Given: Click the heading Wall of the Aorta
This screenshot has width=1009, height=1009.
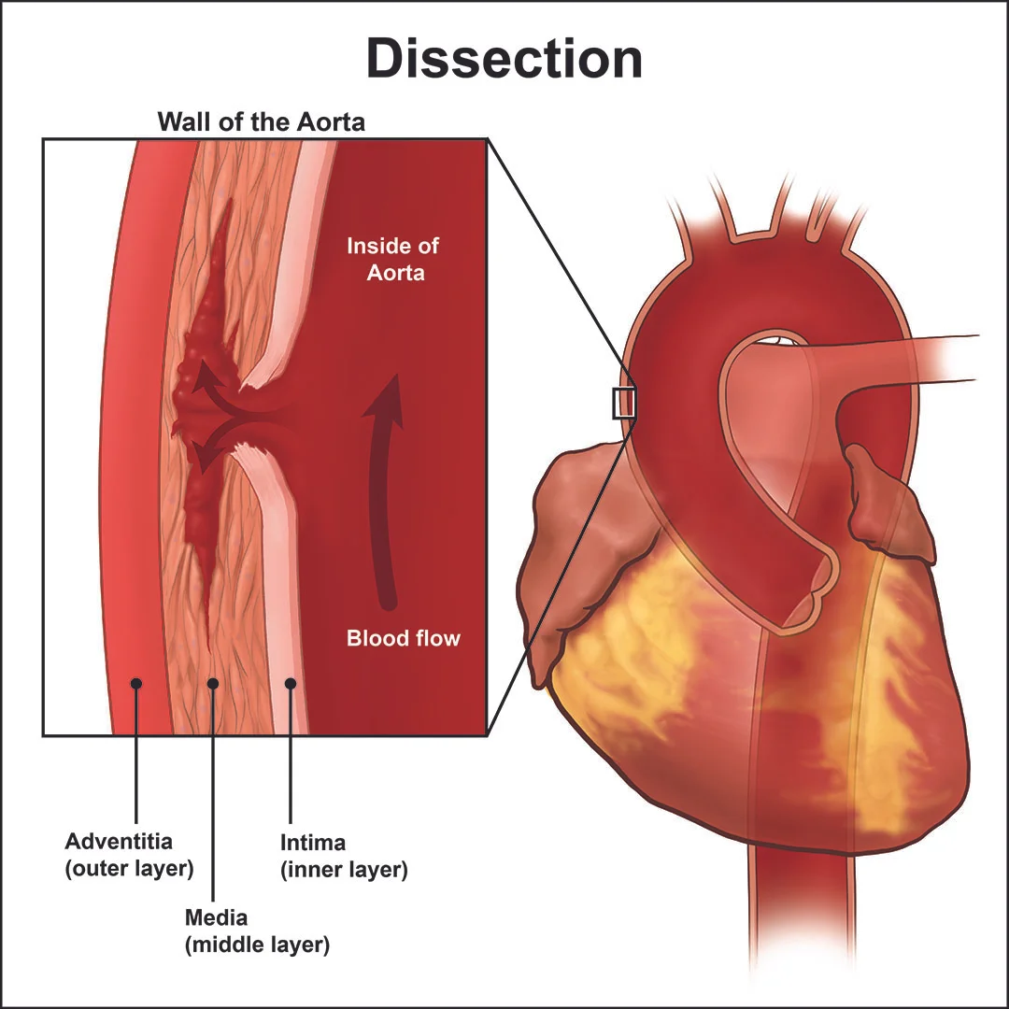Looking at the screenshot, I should pyautogui.click(x=261, y=121).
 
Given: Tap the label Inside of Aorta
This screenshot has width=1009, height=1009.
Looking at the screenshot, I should pyautogui.click(x=392, y=260).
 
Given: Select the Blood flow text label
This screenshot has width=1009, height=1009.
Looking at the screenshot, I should pyautogui.click(x=404, y=639).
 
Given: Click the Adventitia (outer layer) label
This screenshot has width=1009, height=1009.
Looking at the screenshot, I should pyautogui.click(x=129, y=855).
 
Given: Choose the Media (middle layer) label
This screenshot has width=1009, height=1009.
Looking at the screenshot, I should pyautogui.click(x=257, y=931).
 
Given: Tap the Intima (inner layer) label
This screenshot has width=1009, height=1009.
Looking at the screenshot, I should pyautogui.click(x=344, y=856).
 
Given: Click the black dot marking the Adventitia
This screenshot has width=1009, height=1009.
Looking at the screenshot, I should pyautogui.click(x=136, y=684).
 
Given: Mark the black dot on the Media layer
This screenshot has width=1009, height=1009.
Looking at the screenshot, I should pyautogui.click(x=213, y=684).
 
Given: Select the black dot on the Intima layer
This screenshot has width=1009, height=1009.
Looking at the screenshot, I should pyautogui.click(x=291, y=684).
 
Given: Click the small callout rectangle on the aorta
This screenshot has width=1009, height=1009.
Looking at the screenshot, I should pyautogui.click(x=623, y=403).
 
